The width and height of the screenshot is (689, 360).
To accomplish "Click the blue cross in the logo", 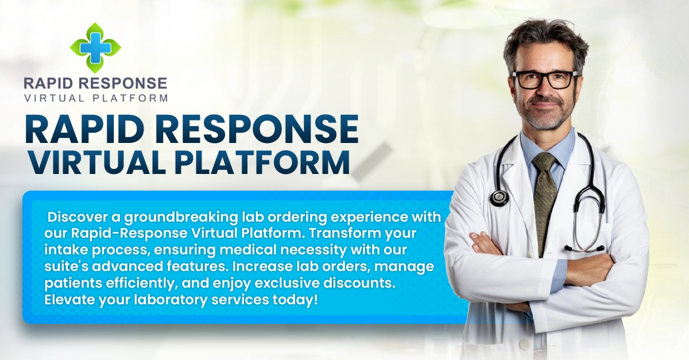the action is [95, 48].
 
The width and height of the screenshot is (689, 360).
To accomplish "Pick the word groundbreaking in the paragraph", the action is [181, 218].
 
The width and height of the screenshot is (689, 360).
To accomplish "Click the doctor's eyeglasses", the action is [545, 80].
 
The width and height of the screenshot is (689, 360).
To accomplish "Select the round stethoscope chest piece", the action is [499, 198].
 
